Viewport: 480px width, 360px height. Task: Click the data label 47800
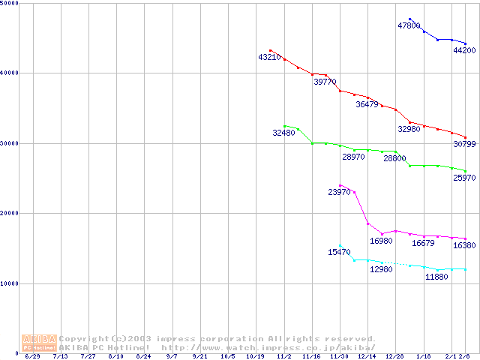pyautogui.click(x=409, y=25)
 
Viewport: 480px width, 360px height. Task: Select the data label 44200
pyautogui.click(x=464, y=50)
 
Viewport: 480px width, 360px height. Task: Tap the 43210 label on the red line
pyautogui.click(x=269, y=57)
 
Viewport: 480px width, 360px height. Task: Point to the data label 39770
pyautogui.click(x=325, y=82)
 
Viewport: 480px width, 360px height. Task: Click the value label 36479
pyautogui.click(x=367, y=104)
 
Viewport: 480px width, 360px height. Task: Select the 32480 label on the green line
pyautogui.click(x=283, y=133)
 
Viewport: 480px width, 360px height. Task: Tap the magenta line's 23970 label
pyautogui.click(x=339, y=192)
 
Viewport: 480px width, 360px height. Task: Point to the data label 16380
pyautogui.click(x=464, y=245)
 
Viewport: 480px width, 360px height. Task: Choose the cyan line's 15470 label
pyautogui.click(x=339, y=252)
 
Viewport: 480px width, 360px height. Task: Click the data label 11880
pyautogui.click(x=436, y=277)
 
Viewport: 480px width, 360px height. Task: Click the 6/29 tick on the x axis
pyautogui.click(x=32, y=356)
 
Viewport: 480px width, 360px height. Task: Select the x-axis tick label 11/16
pyautogui.click(x=311, y=356)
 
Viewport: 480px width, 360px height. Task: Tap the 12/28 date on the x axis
pyautogui.click(x=395, y=356)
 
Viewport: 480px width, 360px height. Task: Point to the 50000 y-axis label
pyautogui.click(x=10, y=4)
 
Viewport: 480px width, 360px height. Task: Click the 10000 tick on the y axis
pyautogui.click(x=10, y=283)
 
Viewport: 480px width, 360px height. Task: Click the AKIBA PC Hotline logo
pyautogui.click(x=39, y=343)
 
